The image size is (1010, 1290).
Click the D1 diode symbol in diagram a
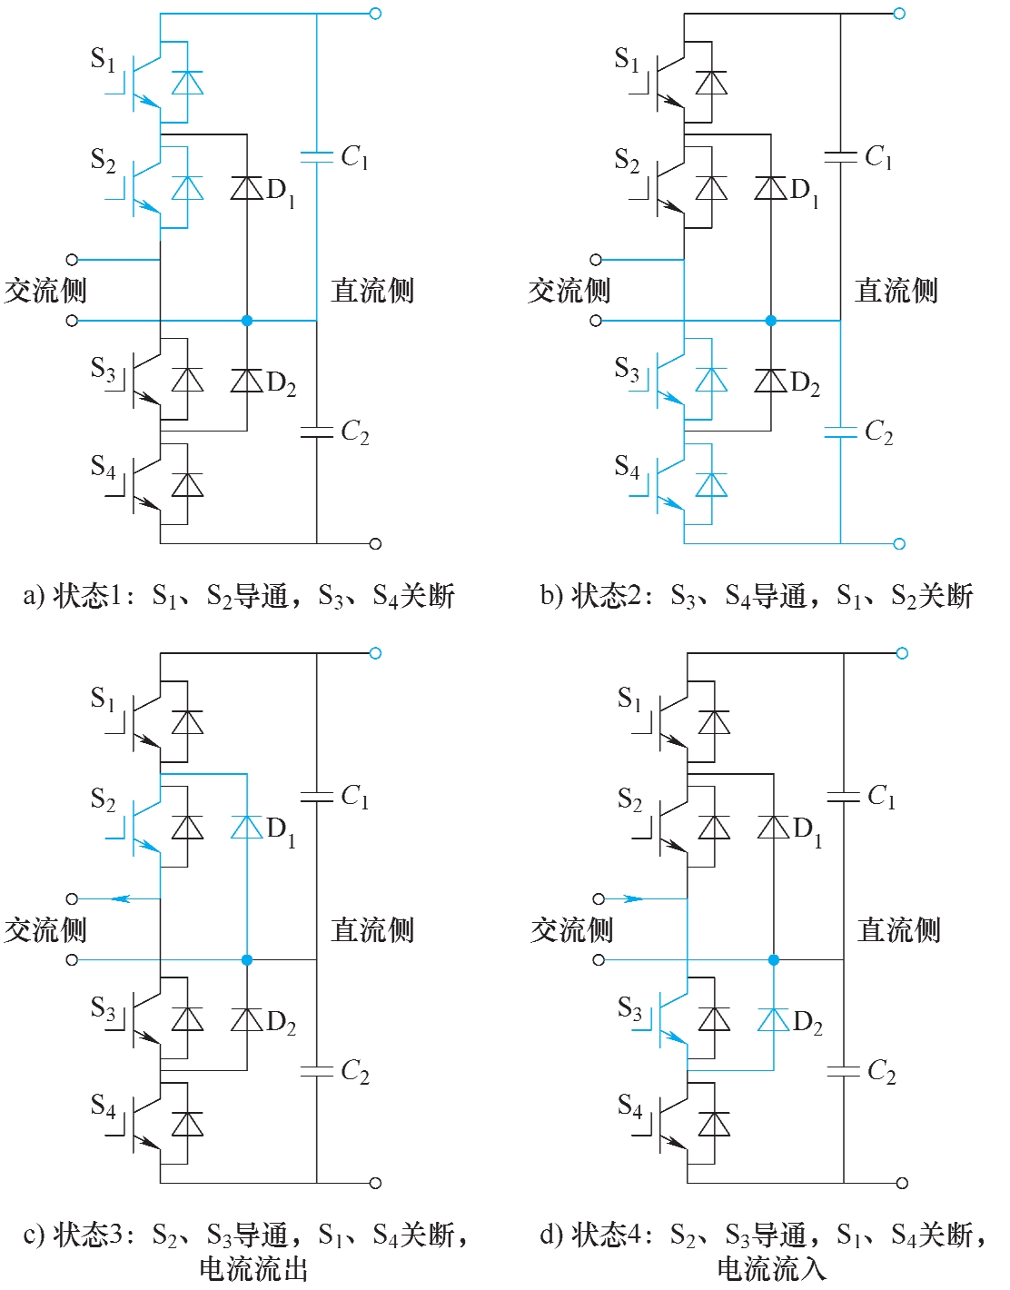[246, 188]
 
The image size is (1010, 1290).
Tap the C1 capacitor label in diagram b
[878, 157]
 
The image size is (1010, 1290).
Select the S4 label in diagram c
[104, 1105]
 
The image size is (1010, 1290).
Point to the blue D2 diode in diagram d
[773, 1019]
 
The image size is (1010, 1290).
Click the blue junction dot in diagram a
[247, 321]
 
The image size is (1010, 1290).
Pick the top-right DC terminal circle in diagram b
[899, 14]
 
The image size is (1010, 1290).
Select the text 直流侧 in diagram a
[372, 291]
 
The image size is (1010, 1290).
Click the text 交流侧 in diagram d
[571, 930]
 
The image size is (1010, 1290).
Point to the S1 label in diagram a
[104, 60]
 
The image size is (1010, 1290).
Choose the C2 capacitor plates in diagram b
[840, 432]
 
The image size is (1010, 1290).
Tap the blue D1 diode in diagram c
[246, 827]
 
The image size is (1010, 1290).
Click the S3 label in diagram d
[629, 1008]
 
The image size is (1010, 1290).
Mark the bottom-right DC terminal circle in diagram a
[375, 544]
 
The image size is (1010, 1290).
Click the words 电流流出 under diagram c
[253, 1268]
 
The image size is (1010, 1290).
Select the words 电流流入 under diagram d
[771, 1268]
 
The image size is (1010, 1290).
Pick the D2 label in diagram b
[806, 382]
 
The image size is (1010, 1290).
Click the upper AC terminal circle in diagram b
[596, 260]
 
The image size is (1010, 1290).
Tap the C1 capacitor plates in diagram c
[316, 797]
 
